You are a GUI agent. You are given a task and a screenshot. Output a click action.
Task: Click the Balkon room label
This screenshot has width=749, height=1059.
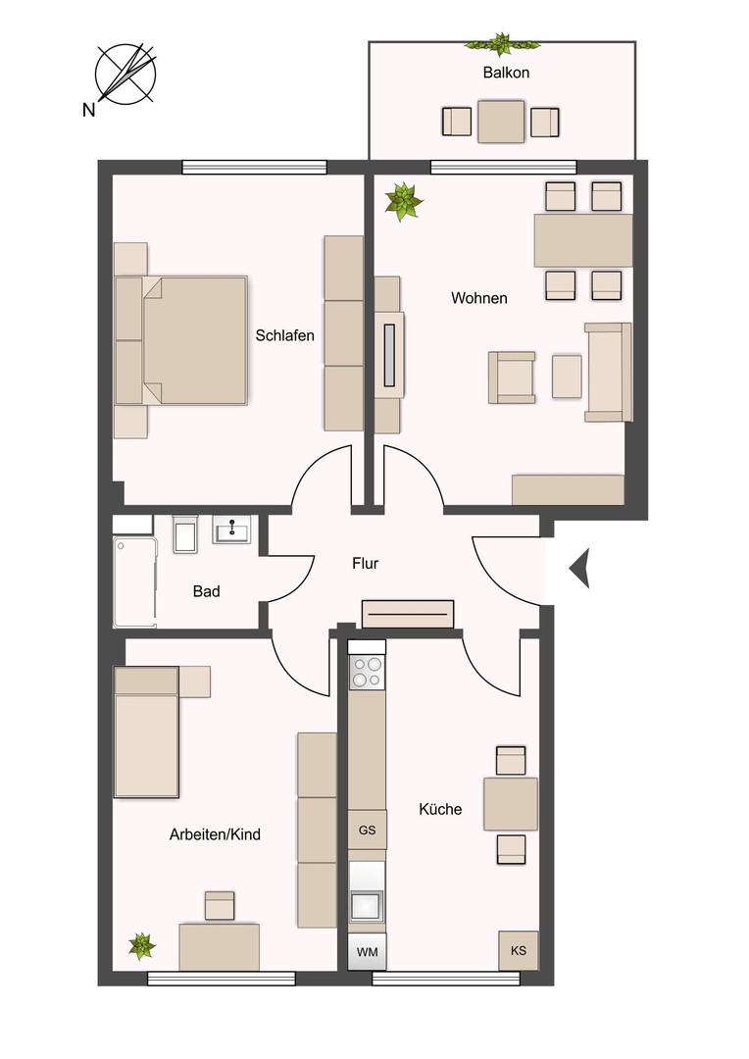[x=506, y=73]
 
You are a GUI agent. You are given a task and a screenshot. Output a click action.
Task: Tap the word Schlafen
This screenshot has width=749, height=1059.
[x=284, y=335]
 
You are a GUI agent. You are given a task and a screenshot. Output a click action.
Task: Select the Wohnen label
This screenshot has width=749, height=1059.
[x=478, y=298]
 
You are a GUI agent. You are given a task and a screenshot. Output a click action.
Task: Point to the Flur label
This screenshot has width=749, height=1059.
[x=365, y=564]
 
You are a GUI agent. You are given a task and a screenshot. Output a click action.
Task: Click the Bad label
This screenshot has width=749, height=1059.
[x=206, y=591]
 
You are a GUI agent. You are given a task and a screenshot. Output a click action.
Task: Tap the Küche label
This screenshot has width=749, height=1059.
[x=439, y=810]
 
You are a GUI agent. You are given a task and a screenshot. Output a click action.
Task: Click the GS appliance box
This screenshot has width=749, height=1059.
[x=367, y=830]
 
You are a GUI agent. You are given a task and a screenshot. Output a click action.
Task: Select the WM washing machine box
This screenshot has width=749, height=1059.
[x=367, y=951]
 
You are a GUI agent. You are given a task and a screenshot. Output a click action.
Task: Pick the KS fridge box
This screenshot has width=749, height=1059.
[x=518, y=950]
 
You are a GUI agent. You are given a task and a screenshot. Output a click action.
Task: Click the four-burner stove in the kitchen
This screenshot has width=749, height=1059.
[x=368, y=674]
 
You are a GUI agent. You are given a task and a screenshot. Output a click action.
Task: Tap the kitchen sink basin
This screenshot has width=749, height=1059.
[x=367, y=904]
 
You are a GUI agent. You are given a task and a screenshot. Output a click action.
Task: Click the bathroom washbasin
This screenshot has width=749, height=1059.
[x=233, y=529]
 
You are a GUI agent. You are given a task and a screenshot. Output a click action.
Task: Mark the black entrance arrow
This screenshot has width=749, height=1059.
[x=579, y=568]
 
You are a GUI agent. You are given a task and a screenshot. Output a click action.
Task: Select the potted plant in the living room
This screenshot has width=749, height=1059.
[x=403, y=202]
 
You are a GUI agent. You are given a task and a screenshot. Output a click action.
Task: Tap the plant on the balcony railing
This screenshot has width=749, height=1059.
[x=502, y=43]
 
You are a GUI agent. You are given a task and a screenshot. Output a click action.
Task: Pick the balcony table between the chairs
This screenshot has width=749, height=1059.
[x=501, y=122]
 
